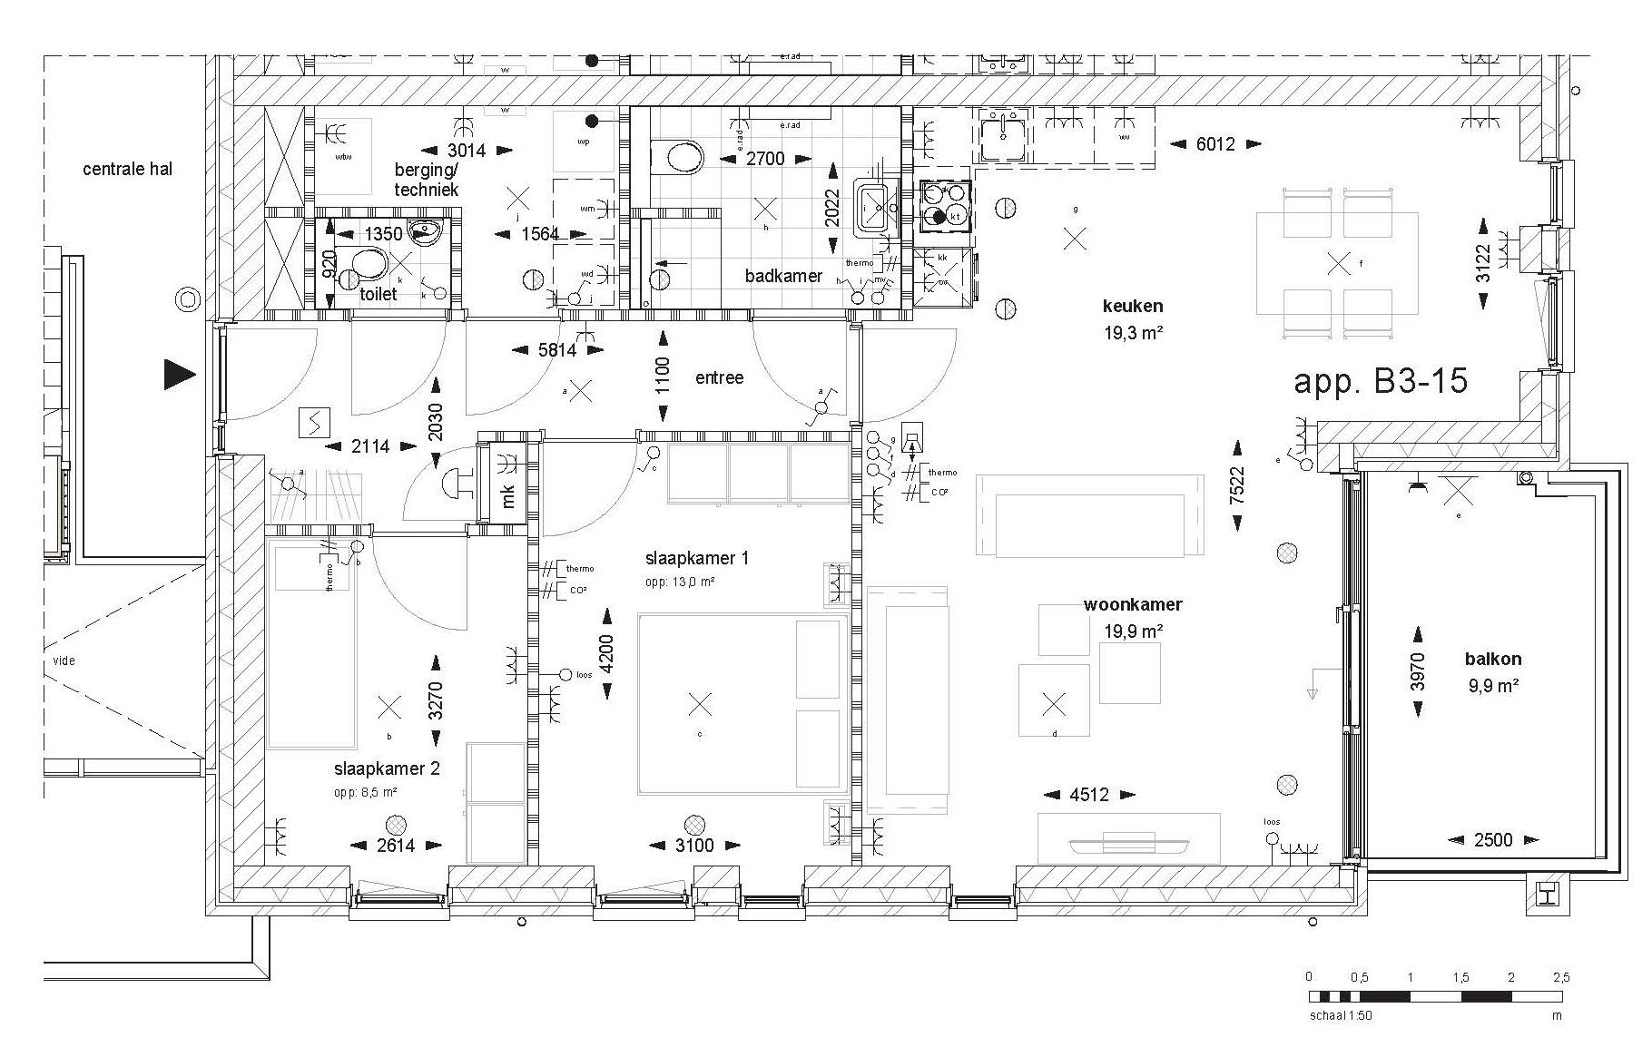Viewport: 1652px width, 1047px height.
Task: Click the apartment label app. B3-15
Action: (x=1380, y=381)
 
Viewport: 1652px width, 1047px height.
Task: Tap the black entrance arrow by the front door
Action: (x=180, y=374)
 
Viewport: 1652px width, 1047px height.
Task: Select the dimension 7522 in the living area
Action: (x=1236, y=486)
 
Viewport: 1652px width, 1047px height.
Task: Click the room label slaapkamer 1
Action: (x=697, y=558)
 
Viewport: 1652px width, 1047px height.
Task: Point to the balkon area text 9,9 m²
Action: (x=1493, y=686)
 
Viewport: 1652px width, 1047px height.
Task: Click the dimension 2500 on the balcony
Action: (x=1493, y=840)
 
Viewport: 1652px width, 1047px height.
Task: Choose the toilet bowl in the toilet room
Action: (x=368, y=264)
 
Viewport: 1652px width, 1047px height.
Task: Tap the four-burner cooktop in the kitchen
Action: (x=944, y=204)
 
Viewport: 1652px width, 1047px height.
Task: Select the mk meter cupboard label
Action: (x=508, y=496)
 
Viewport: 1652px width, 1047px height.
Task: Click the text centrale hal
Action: (x=127, y=169)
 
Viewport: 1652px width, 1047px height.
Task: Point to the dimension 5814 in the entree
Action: (x=557, y=349)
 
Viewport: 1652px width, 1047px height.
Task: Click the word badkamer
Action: (x=783, y=276)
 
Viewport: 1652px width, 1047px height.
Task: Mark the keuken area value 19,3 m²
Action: (x=1134, y=333)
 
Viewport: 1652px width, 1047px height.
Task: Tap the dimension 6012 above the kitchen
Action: (x=1214, y=144)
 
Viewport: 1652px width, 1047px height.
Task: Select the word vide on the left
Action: (x=64, y=660)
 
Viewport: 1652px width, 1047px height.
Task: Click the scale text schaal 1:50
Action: (x=1340, y=1016)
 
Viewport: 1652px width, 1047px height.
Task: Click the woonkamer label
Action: (x=1133, y=604)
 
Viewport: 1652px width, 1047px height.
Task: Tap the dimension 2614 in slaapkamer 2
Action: (x=396, y=846)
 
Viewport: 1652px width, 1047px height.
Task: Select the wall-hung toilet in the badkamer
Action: (x=679, y=158)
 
